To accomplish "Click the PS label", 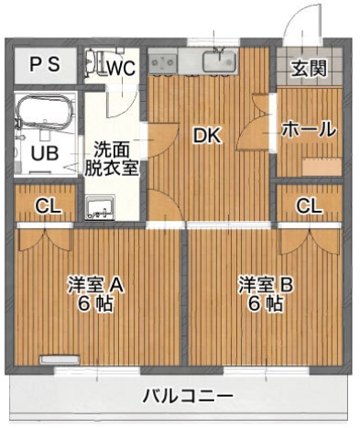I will pyautogui.click(x=43, y=64).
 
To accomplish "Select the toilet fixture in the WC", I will pyautogui.click(x=93, y=63).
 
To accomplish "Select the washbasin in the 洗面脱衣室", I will pyautogui.click(x=98, y=207).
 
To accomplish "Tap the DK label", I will pyautogui.click(x=206, y=136).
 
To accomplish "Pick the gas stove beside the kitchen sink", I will pyautogui.click(x=163, y=61).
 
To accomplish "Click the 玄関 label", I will pyautogui.click(x=308, y=67).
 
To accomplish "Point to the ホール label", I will pyautogui.click(x=308, y=130).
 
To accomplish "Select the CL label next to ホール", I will pyautogui.click(x=309, y=205).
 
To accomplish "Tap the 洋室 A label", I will pyautogui.click(x=94, y=285).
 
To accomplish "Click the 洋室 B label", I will pyautogui.click(x=266, y=285).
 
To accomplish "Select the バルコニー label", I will pyautogui.click(x=186, y=398).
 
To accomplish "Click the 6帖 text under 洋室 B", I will pyautogui.click(x=265, y=305).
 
